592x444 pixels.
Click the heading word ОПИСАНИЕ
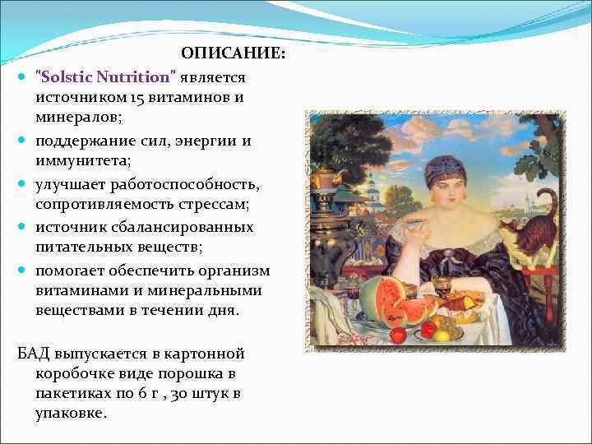click(x=234, y=54)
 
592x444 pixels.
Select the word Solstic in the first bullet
click(x=67, y=77)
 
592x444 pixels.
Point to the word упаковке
click(x=71, y=414)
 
